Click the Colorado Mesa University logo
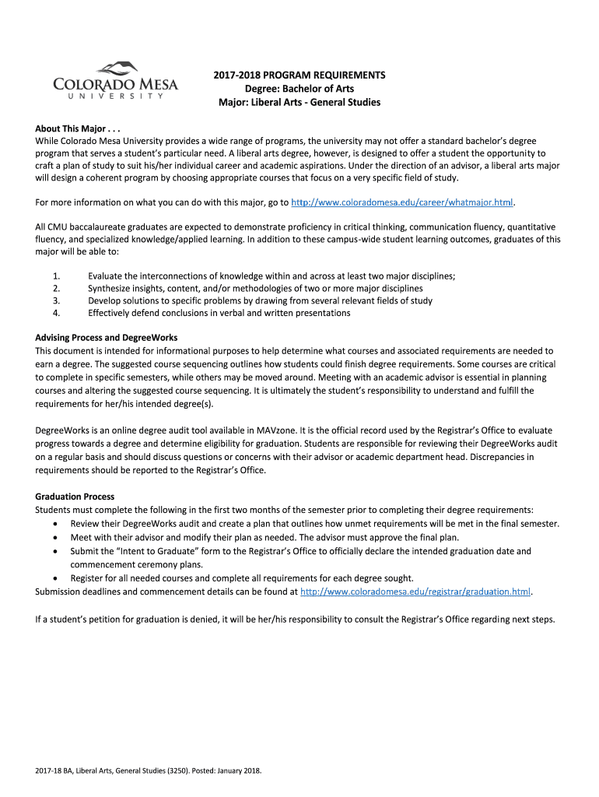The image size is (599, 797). (x=115, y=80)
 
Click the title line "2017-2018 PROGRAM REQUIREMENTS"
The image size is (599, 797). (x=299, y=75)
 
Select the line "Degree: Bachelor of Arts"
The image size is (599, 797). (x=299, y=89)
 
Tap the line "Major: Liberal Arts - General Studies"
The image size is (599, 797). (x=299, y=103)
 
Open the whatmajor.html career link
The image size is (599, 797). (x=402, y=202)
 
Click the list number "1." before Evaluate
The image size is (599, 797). (x=56, y=276)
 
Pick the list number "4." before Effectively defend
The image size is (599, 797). (x=56, y=313)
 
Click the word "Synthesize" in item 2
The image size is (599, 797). (x=110, y=289)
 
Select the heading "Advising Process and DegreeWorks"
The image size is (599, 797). (x=107, y=338)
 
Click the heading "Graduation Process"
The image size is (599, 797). (x=75, y=497)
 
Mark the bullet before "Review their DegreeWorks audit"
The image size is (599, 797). (x=54, y=524)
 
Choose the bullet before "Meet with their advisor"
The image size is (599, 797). (x=54, y=537)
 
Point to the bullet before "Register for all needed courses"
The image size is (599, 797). (x=54, y=578)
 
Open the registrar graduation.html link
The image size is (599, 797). (x=415, y=592)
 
